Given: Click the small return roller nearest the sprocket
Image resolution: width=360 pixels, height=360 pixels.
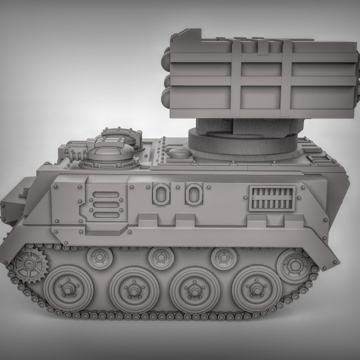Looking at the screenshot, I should point(99,257).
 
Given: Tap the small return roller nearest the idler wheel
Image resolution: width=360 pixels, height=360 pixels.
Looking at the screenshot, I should point(223,257).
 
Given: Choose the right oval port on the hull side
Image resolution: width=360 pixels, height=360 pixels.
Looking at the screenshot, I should point(192,193).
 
